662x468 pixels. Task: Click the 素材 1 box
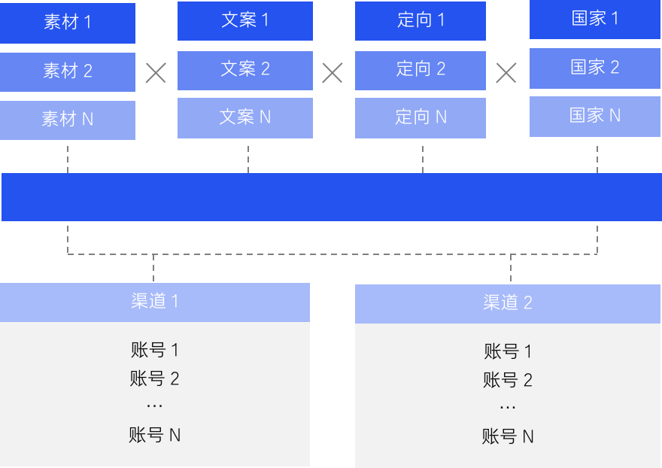68,23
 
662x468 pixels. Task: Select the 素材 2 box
68,71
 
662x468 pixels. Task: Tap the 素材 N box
68,120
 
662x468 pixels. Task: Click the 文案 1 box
245,20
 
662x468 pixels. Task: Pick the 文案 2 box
245,70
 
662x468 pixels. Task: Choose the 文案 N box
245,118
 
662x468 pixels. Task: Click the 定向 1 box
421,20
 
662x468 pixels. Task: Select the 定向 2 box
421,70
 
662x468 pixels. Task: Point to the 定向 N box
421,118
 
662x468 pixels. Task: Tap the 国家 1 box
595,20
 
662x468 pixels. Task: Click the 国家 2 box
595,68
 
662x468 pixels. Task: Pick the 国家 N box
595,117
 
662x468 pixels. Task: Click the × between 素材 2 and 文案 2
156,73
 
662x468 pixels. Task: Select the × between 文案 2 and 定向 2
332,73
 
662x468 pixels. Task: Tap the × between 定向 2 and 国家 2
506,73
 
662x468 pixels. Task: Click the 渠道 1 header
155,302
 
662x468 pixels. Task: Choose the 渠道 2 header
508,303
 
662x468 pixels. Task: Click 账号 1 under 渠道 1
155,350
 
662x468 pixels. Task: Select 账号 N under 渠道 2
508,436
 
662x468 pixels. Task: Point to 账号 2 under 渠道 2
508,380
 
